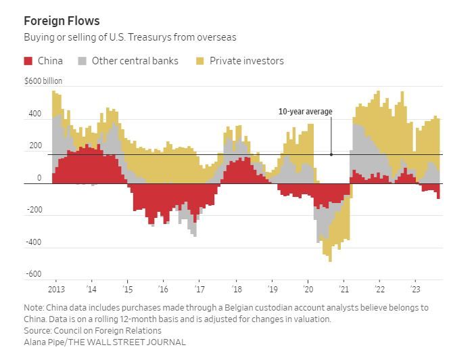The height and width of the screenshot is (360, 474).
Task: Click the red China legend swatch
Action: tap(28, 61)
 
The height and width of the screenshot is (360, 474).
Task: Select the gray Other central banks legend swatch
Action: tap(82, 61)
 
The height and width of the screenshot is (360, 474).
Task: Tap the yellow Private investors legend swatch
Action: tap(200, 61)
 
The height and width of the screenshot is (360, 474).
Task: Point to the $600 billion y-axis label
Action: tap(43, 81)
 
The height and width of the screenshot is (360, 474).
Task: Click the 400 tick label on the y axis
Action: tap(34, 114)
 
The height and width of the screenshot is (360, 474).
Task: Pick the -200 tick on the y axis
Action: tap(34, 210)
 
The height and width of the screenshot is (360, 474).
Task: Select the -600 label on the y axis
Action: tap(34, 275)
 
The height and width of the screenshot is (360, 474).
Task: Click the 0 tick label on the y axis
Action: tap(39, 179)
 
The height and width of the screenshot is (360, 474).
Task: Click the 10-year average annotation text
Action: tap(305, 112)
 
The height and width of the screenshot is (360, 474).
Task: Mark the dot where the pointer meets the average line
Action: tap(331, 154)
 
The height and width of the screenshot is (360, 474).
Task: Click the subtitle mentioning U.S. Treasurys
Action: tap(130, 37)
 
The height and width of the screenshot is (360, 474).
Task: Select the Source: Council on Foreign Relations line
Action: tap(93, 330)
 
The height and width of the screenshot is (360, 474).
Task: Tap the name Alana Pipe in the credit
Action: tap(44, 342)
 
